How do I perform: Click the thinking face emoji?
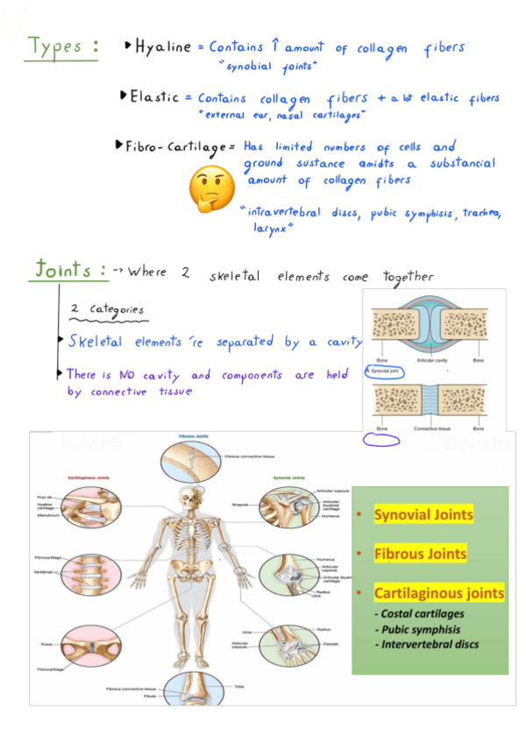coord(208,185)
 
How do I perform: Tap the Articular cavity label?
coord(428,361)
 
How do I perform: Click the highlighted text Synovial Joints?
coord(423,514)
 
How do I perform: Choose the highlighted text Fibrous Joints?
coord(420,554)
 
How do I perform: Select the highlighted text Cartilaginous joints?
coord(438,593)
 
